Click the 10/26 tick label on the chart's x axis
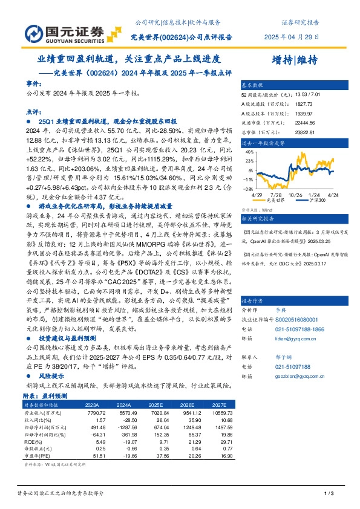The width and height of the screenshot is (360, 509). (x=295, y=195)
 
